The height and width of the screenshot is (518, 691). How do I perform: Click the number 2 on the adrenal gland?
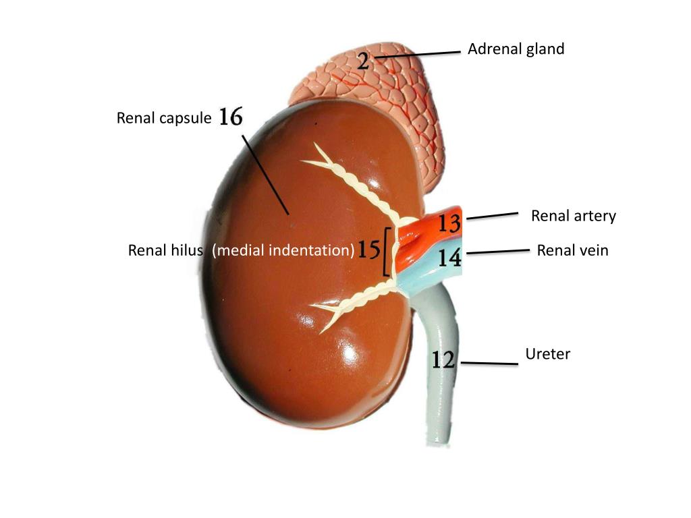tap(363, 62)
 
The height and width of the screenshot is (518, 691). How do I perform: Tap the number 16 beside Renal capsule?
tap(230, 117)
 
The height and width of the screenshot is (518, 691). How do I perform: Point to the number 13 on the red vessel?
tap(449, 223)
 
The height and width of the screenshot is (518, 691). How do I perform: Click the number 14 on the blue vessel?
tap(449, 257)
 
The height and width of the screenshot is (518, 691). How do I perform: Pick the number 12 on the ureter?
tap(443, 360)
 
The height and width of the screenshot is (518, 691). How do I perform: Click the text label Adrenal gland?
tap(516, 49)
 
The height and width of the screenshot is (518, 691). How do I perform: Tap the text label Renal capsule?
tap(164, 119)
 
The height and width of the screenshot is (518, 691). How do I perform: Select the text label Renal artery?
tap(573, 216)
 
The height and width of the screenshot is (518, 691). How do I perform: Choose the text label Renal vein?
tap(572, 251)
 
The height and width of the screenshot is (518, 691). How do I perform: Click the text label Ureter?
tap(547, 354)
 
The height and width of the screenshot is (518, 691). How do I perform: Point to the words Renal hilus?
tap(165, 251)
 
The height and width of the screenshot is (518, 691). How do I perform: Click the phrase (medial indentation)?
tap(283, 251)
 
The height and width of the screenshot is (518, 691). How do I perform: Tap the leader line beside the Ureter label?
tap(489, 364)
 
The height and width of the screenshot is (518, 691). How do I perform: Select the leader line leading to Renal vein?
tap(498, 252)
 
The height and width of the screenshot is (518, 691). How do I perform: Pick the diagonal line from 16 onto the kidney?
tap(266, 174)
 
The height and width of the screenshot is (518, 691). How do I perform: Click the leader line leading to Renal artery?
tap(492, 216)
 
